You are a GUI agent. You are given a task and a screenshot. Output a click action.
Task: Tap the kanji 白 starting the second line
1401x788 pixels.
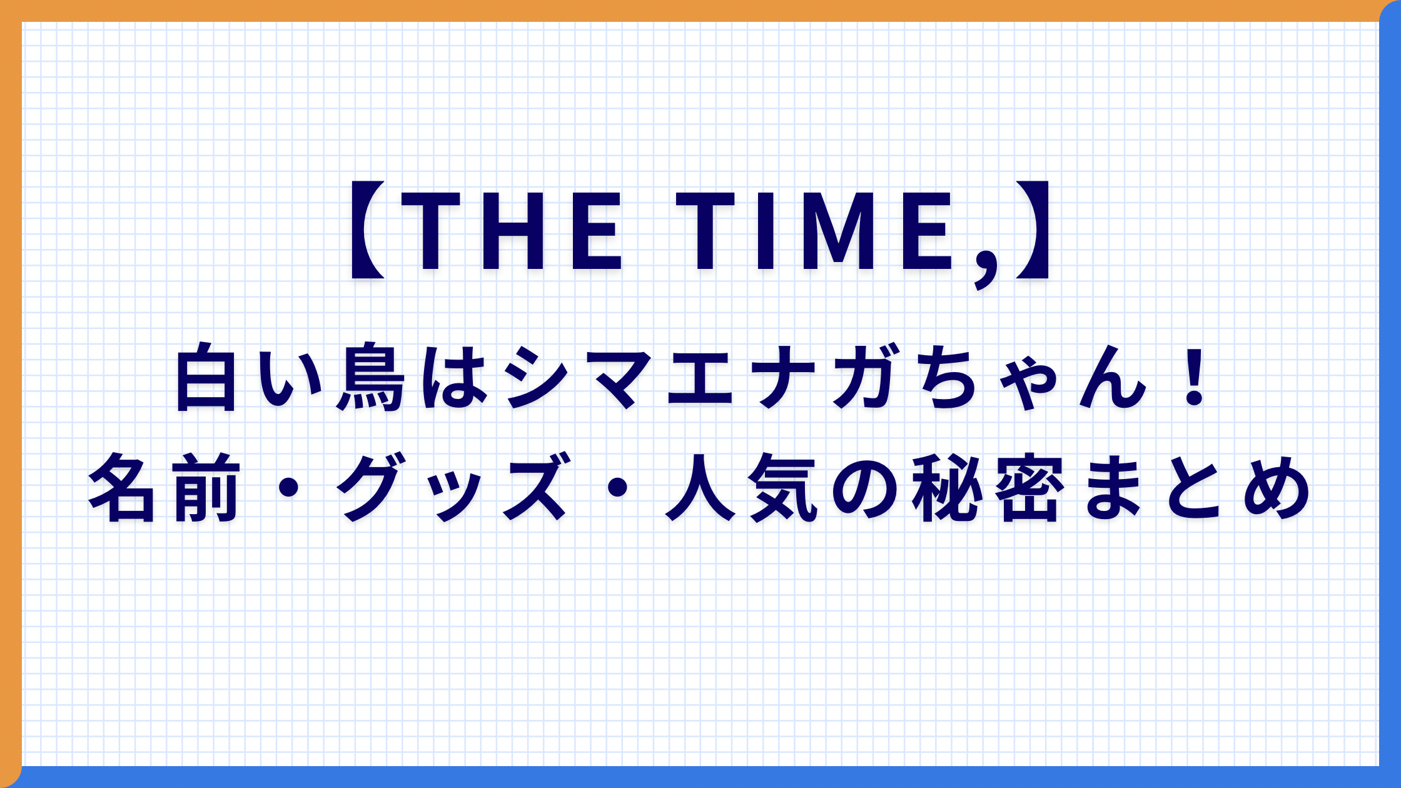coord(206,377)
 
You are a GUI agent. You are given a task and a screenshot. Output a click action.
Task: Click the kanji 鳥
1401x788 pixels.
coord(370,377)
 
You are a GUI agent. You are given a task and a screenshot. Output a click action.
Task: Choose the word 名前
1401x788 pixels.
coord(164,487)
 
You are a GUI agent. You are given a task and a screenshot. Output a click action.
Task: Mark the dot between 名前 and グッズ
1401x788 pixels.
coord(288,488)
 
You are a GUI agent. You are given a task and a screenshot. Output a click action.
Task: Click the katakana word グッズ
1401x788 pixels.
coord(453,487)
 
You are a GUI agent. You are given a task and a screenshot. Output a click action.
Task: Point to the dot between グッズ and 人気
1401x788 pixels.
coord(617,488)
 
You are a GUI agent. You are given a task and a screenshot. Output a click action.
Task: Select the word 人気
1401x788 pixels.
coord(742,487)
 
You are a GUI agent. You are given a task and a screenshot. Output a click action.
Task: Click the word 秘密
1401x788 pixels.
coord(988,487)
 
